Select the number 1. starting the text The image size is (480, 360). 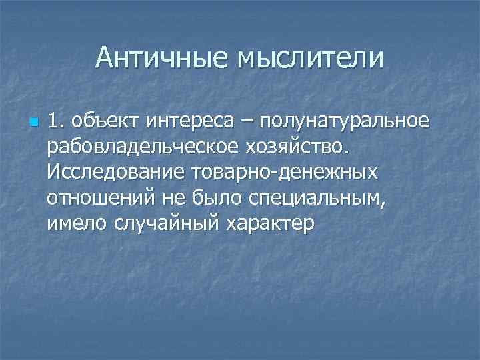pos(55,121)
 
